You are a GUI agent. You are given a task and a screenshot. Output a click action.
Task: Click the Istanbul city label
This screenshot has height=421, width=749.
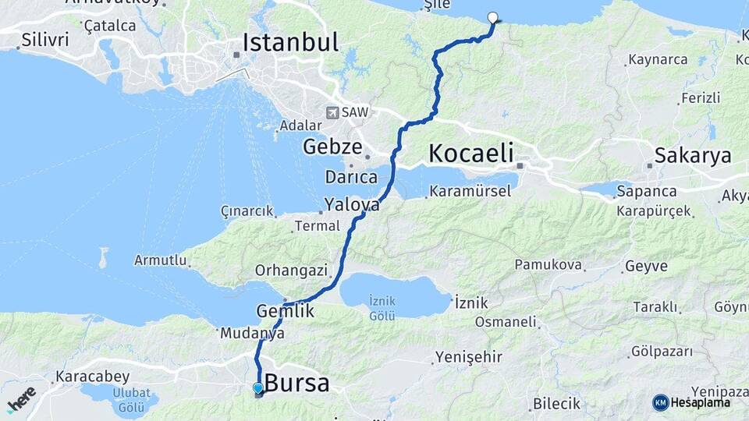[290, 42]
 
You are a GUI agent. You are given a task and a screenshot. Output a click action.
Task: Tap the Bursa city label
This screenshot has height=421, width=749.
[296, 384]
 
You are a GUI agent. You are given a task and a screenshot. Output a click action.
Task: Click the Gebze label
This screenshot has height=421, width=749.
[332, 146]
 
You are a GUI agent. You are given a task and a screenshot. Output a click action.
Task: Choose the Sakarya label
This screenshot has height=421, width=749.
[693, 155]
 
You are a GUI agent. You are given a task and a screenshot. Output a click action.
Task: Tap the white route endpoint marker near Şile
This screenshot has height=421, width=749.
[492, 18]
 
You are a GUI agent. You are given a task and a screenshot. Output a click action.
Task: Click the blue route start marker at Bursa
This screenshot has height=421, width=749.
[258, 388]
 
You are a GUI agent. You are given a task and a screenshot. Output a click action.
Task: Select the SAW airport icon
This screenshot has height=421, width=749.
[333, 112]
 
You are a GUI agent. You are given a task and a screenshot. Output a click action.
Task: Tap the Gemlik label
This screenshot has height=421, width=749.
[285, 311]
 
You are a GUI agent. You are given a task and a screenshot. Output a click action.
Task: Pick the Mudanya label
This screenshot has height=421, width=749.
[252, 333]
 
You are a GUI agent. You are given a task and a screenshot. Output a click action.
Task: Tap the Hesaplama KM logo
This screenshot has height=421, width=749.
[691, 402]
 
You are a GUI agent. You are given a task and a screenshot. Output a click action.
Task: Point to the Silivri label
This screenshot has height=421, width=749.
[45, 39]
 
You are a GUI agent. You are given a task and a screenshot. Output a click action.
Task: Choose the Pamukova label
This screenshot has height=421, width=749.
[548, 265]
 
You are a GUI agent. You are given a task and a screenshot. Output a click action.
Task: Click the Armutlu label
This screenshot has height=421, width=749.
[160, 260]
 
